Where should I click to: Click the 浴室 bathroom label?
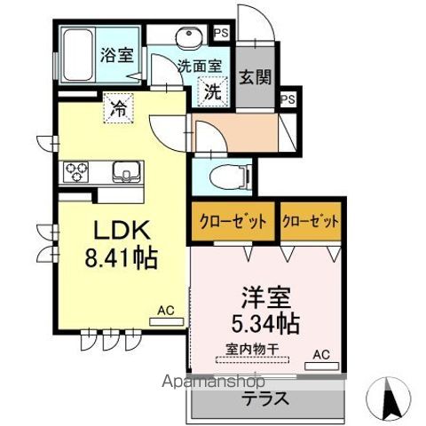pos(116,53)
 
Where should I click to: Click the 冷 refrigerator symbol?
pos(117,109)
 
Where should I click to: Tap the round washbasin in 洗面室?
pos(189,37)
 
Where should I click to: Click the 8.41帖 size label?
pos(121,258)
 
